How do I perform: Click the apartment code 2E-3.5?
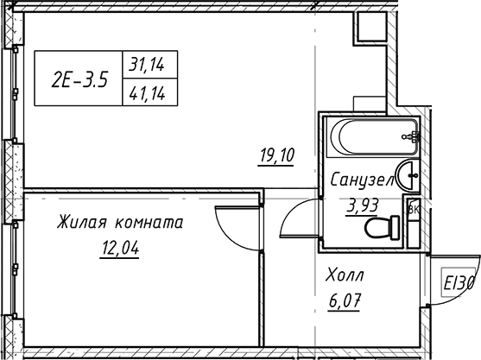coord(79,80)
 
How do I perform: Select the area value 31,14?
coord(147,65)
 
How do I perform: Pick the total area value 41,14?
coord(148,93)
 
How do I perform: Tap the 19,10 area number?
coord(276,155)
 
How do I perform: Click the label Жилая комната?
coord(120,222)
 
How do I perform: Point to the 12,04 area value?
coord(120,248)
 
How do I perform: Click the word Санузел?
coord(363,180)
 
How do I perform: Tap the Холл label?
coord(345,275)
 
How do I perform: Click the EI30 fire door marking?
coord(459,282)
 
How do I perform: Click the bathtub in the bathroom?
coord(373,136)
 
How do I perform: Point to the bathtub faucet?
coord(410,136)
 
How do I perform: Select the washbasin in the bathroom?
coord(408,175)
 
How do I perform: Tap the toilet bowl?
coord(382,227)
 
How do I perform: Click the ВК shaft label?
coord(414,210)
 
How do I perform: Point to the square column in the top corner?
coord(370,27)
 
